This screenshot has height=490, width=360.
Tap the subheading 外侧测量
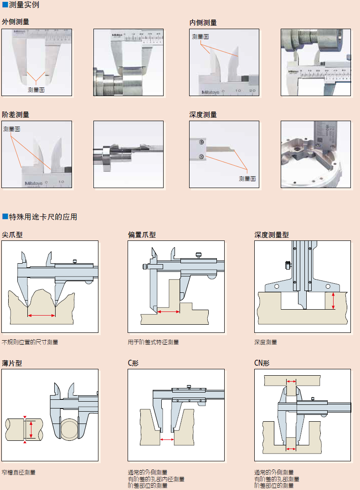(15, 22)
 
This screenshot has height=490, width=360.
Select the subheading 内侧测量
(203, 22)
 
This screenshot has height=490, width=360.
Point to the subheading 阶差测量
(15, 114)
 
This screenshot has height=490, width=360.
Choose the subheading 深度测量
(203, 114)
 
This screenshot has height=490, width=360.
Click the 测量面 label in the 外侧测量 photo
(36, 90)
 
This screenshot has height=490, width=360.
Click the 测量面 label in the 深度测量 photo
(247, 179)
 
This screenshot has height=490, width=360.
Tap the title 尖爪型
(12, 235)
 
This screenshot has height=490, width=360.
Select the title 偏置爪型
(142, 235)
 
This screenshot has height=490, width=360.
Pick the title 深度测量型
(272, 235)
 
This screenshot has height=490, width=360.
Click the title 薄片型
(12, 363)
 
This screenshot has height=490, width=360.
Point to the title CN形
(262, 363)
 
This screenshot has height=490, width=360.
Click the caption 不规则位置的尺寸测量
(30, 342)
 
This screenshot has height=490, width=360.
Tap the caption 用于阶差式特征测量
(154, 342)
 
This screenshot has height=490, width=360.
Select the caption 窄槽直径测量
(19, 472)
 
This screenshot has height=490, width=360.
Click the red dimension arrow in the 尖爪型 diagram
(41, 315)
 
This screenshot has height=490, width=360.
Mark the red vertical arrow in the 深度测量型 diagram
(333, 301)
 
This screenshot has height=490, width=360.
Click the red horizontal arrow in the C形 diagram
(167, 439)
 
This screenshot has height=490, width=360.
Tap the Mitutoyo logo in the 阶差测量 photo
(32, 183)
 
